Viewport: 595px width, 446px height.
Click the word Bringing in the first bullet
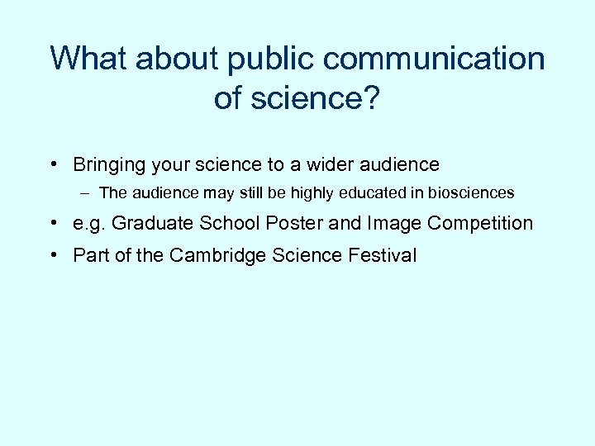[x=110, y=165]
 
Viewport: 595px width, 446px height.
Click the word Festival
[x=384, y=255]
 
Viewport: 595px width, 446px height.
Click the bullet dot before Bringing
[x=53, y=164]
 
